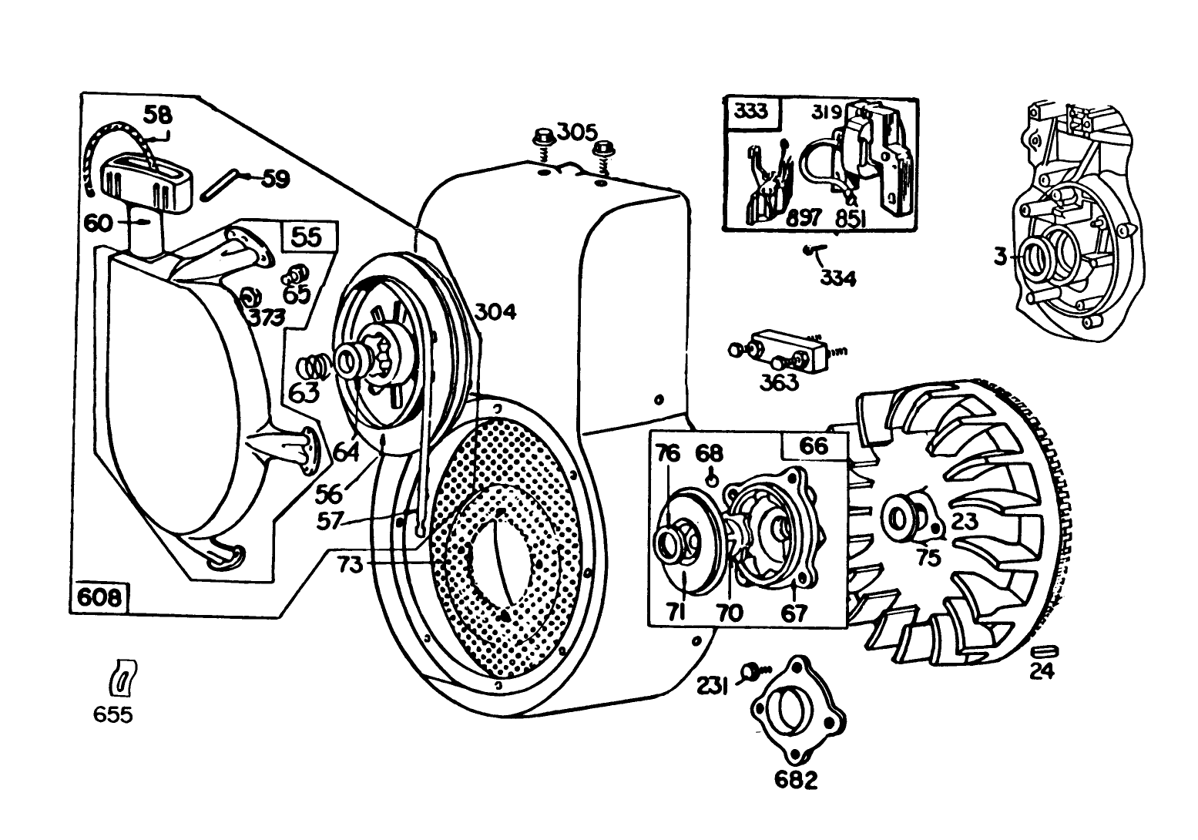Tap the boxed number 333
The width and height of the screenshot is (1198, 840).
tap(750, 112)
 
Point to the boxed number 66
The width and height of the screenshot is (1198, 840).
tap(814, 445)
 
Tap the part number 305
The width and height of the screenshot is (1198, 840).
tap(578, 132)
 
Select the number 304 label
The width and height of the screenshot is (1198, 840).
tap(495, 311)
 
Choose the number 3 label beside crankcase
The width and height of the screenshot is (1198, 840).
tap(1000, 257)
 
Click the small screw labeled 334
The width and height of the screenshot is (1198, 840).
tap(810, 250)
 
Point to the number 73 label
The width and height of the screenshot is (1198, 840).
tap(350, 565)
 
